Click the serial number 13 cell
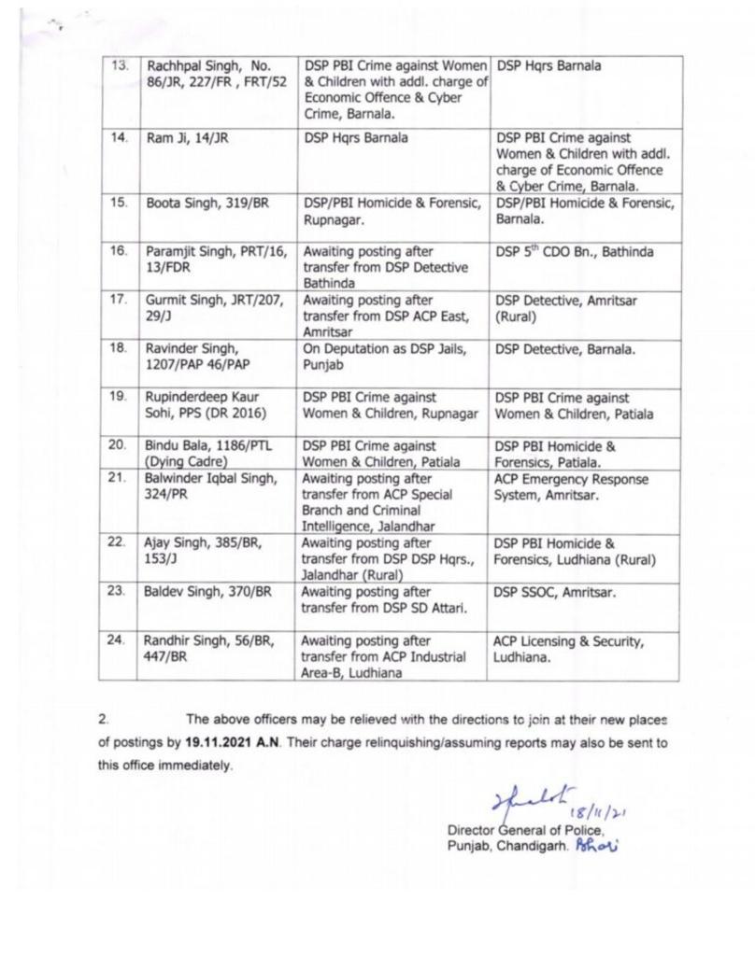pos(119,67)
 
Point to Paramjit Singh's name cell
pos(214,259)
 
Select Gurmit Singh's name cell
pos(213,308)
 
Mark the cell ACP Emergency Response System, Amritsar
pos(571,487)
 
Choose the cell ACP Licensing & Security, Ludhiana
pos(568,649)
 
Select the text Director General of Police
pos(526,830)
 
